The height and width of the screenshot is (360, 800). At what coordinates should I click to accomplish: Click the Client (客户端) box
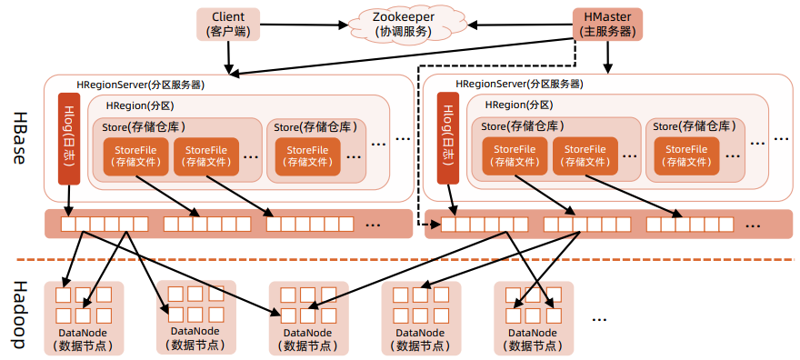tap(228, 24)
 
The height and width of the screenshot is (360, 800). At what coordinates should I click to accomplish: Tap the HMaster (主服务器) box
tap(607, 24)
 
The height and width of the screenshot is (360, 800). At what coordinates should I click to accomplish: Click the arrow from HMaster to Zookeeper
tap(527, 24)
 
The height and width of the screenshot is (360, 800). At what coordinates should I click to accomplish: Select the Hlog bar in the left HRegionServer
tap(70, 138)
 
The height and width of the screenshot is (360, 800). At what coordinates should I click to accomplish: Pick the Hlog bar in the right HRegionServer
tap(447, 138)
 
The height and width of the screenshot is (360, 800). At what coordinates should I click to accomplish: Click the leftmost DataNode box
tap(84, 317)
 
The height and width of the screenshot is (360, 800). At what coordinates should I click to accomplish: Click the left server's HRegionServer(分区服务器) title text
tap(140, 85)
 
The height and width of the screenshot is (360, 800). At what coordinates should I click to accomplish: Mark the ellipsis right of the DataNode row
tap(600, 319)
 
